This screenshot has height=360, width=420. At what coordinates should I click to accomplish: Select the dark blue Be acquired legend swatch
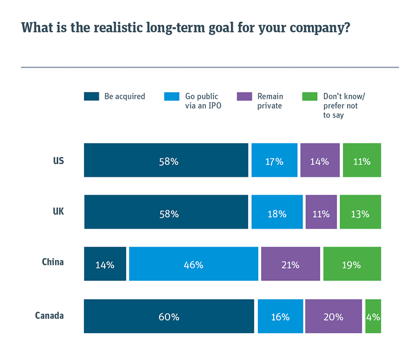pyautogui.click(x=91, y=97)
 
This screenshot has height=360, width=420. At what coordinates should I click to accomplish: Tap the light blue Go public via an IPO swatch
pyautogui.click(x=172, y=97)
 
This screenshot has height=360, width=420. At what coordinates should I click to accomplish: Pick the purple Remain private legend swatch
pyautogui.click(x=244, y=97)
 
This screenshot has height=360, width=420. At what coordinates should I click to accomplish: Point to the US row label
pyautogui.click(x=58, y=160)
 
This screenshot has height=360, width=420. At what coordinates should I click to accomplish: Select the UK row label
pyautogui.click(x=58, y=211)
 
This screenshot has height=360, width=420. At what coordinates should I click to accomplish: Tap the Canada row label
pyautogui.click(x=49, y=316)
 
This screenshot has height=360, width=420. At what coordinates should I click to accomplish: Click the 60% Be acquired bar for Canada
pyautogui.click(x=169, y=317)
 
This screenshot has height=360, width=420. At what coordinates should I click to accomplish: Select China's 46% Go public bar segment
pyautogui.click(x=193, y=264)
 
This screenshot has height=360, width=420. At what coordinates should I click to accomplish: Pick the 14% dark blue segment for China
pyautogui.click(x=105, y=264)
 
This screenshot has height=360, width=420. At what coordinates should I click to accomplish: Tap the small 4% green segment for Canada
pyautogui.click(x=373, y=317)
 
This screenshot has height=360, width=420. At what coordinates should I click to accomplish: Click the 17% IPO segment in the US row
pyautogui.click(x=274, y=160)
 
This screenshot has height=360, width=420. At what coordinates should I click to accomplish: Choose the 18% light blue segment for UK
pyautogui.click(x=277, y=212)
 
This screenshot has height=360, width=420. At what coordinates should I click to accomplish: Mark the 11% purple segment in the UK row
pyautogui.click(x=321, y=212)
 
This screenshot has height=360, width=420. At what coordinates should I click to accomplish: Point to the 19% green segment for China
pyautogui.click(x=352, y=264)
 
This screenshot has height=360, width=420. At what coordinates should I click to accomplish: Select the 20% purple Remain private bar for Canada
pyautogui.click(x=334, y=317)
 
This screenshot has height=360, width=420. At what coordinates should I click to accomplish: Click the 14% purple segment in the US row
pyautogui.click(x=320, y=160)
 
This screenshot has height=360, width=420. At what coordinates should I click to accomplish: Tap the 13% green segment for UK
pyautogui.click(x=360, y=212)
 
